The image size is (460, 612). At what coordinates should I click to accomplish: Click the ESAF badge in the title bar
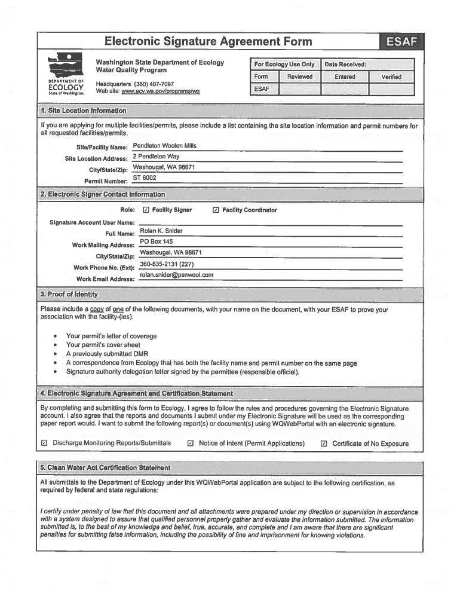(401, 42)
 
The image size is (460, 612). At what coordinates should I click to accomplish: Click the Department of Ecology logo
(66, 75)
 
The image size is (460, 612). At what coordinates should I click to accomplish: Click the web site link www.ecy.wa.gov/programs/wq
(160, 91)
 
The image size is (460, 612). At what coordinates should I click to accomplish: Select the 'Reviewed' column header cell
(299, 76)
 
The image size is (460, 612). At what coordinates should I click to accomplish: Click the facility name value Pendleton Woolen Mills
(164, 146)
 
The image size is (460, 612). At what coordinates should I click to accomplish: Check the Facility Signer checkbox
(146, 210)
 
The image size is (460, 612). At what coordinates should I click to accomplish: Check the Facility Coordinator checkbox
(216, 210)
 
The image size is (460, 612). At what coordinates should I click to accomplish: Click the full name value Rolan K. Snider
(161, 231)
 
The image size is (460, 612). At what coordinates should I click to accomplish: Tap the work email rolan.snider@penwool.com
(176, 275)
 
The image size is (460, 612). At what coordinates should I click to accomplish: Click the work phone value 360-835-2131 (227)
(167, 264)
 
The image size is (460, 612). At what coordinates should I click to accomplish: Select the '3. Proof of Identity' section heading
(69, 294)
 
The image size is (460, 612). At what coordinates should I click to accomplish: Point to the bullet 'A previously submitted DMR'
(107, 354)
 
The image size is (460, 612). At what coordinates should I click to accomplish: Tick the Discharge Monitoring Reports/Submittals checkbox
(44, 443)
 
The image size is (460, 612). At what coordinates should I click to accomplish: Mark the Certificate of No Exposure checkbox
(324, 443)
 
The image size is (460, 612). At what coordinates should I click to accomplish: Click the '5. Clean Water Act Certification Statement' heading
(105, 467)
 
